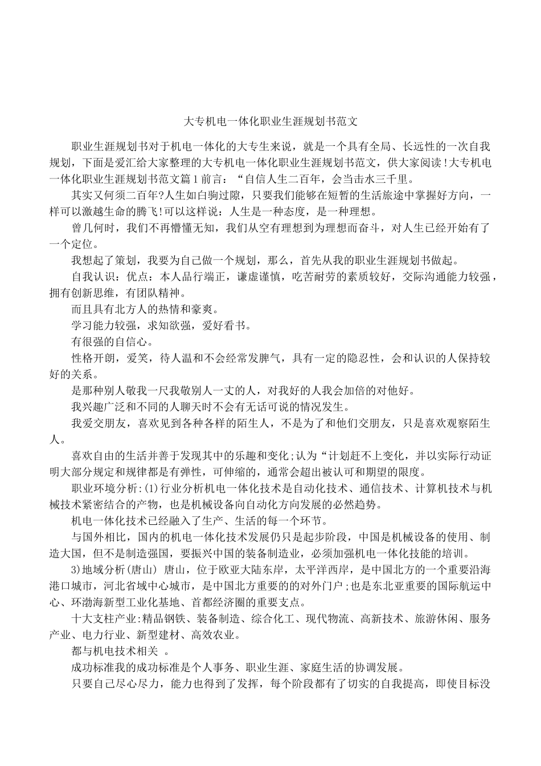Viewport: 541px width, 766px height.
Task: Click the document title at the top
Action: (x=270, y=121)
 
